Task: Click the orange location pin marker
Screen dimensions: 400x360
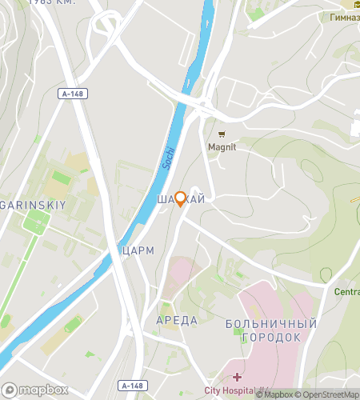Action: (x=181, y=198)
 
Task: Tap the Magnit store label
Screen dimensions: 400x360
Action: (x=222, y=146)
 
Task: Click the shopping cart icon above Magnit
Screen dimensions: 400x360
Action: (x=222, y=134)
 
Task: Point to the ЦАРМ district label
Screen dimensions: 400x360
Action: (x=138, y=250)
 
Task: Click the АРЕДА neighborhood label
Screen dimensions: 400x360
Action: (x=176, y=320)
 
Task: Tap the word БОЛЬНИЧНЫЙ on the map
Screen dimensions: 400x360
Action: (x=266, y=324)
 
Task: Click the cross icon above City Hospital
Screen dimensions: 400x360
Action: (x=237, y=377)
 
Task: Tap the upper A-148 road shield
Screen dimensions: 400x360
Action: (x=73, y=94)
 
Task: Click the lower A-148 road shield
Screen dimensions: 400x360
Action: (x=133, y=386)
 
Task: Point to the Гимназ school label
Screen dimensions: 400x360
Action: (x=342, y=17)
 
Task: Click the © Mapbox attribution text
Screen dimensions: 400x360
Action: (x=274, y=394)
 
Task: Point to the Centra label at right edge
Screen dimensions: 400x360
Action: (x=346, y=292)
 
